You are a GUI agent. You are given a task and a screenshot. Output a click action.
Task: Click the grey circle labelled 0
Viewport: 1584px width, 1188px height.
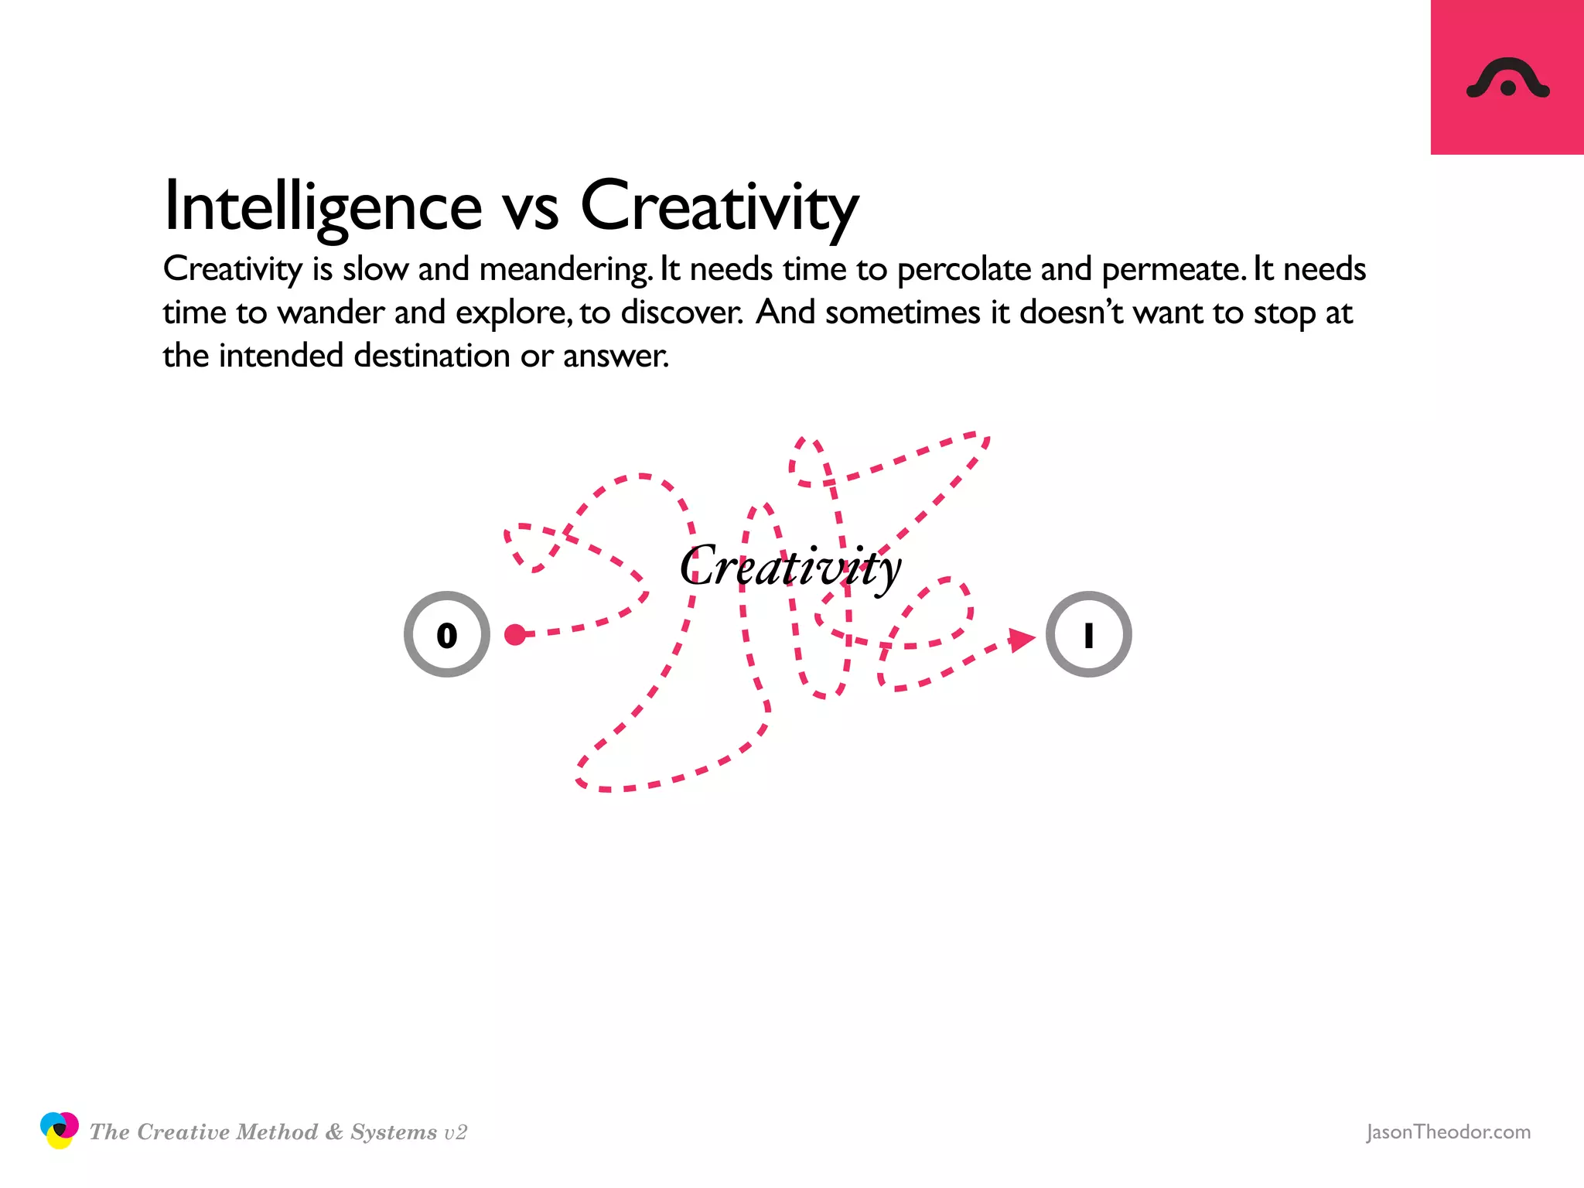447,634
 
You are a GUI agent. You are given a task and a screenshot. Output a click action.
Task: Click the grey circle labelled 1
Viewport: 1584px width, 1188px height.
1088,634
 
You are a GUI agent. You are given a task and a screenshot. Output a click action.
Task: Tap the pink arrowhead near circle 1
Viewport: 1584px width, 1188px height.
1022,639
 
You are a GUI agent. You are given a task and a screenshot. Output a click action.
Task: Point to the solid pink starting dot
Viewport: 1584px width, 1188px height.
514,634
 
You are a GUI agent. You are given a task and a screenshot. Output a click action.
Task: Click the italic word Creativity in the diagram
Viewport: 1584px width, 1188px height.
790,567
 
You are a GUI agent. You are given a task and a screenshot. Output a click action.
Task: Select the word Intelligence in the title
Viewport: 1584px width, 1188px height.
323,206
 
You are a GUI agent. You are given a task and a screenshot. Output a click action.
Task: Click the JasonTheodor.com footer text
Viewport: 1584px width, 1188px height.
1448,1132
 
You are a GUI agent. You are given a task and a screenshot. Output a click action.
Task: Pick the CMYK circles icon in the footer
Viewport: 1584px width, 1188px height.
59,1130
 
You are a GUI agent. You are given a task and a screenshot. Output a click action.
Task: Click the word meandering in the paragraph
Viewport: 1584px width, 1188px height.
565,269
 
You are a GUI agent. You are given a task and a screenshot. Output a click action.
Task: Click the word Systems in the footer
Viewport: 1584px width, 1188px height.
394,1132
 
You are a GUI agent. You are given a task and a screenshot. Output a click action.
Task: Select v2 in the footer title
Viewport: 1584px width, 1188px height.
456,1133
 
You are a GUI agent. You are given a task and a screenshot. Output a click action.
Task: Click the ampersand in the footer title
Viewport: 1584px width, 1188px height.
334,1132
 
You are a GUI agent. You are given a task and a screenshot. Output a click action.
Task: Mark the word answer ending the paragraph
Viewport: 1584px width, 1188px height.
615,356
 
